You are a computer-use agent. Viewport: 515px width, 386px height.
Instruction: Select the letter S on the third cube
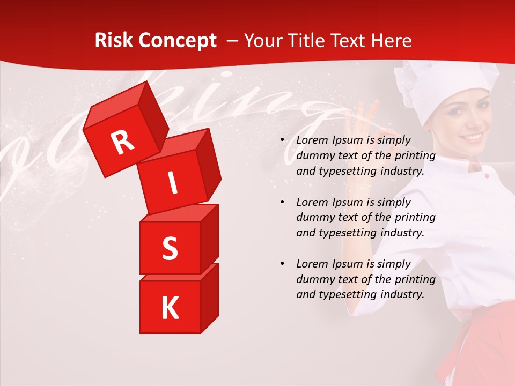point(170,249)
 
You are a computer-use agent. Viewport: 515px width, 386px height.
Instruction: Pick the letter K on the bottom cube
point(170,308)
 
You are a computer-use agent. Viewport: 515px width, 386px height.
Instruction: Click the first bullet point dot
point(282,140)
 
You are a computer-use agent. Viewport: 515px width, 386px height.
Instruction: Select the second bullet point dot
point(282,203)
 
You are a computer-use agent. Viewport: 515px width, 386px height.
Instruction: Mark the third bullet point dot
point(282,264)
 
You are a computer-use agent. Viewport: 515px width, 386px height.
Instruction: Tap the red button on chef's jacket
point(487,175)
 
